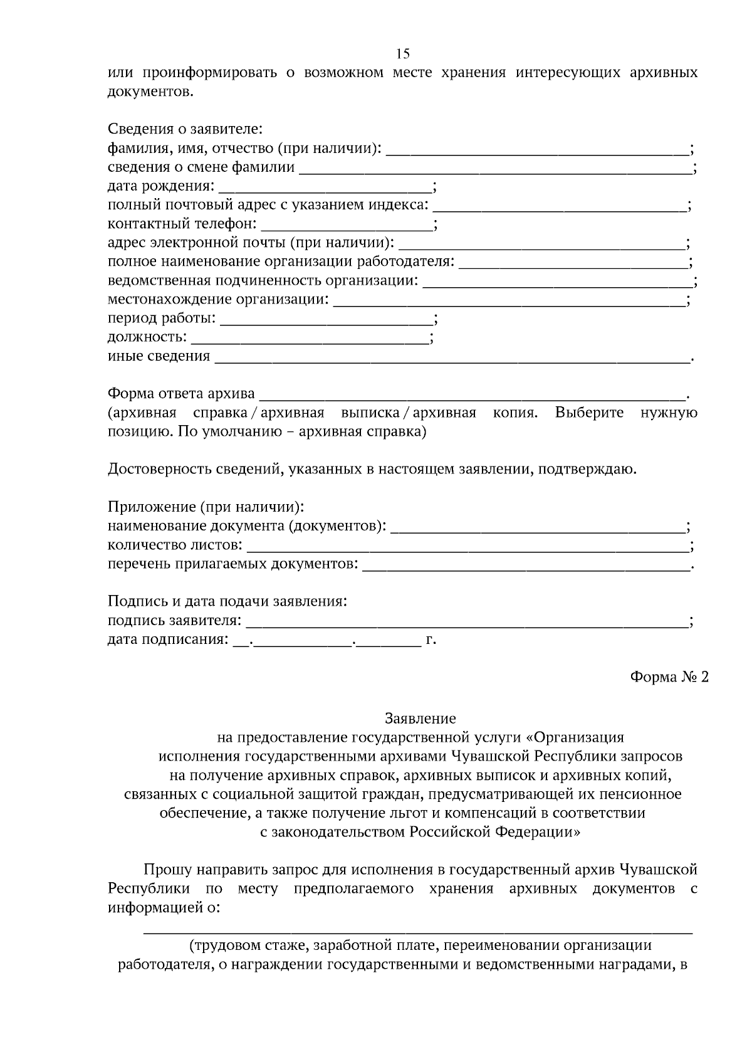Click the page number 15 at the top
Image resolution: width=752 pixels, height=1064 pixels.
pyautogui.click(x=403, y=53)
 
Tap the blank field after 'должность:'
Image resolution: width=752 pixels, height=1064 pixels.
pyautogui.click(x=310, y=340)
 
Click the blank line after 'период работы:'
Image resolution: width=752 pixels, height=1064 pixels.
pyautogui.click(x=326, y=321)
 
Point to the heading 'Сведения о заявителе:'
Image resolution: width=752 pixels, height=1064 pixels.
pyautogui.click(x=185, y=129)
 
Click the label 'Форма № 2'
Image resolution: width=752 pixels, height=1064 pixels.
pyautogui.click(x=669, y=678)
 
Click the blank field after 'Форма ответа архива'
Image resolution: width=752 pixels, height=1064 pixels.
pyautogui.click(x=473, y=396)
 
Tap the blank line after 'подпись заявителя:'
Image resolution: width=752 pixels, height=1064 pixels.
pyautogui.click(x=467, y=623)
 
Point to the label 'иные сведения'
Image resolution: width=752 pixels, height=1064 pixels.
pyautogui.click(x=159, y=356)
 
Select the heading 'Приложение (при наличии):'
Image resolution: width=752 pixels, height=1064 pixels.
pyautogui.click(x=206, y=507)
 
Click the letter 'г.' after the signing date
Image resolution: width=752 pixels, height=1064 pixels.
pyautogui.click(x=431, y=640)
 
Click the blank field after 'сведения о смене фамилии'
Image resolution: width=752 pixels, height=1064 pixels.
pyautogui.click(x=495, y=170)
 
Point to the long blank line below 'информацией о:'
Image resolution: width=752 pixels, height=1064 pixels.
pyautogui.click(x=418, y=932)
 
